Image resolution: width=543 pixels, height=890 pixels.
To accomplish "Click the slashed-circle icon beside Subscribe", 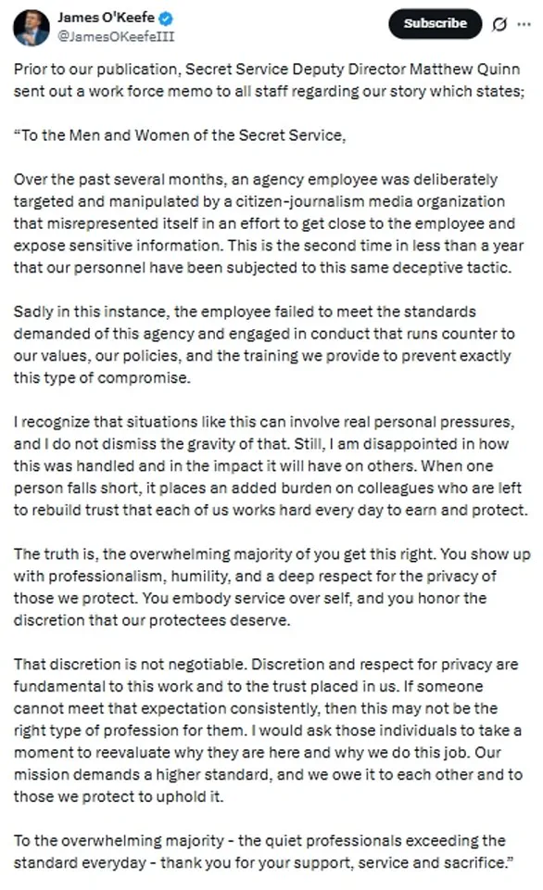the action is [x=499, y=24].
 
